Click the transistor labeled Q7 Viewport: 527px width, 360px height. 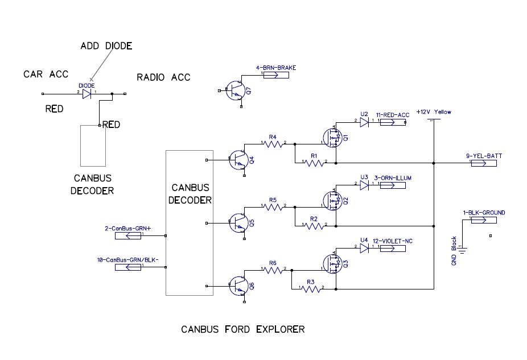click(x=234, y=91)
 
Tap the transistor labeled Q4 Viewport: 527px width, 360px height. click(x=239, y=159)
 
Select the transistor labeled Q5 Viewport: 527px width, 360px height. click(x=239, y=222)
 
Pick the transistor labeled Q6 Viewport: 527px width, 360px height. click(x=239, y=286)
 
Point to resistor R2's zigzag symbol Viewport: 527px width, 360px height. click(x=314, y=226)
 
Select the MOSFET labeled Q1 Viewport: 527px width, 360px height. click(x=330, y=137)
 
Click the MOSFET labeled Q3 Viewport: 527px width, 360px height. click(x=330, y=263)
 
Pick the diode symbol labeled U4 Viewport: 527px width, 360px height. click(x=365, y=248)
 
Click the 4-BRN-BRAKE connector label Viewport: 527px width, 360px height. click(x=276, y=68)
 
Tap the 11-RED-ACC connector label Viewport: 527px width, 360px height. click(x=392, y=115)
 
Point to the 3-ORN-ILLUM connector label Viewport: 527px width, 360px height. click(x=392, y=178)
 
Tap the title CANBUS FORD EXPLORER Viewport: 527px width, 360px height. click(x=242, y=329)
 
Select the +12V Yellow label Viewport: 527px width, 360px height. click(x=434, y=112)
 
